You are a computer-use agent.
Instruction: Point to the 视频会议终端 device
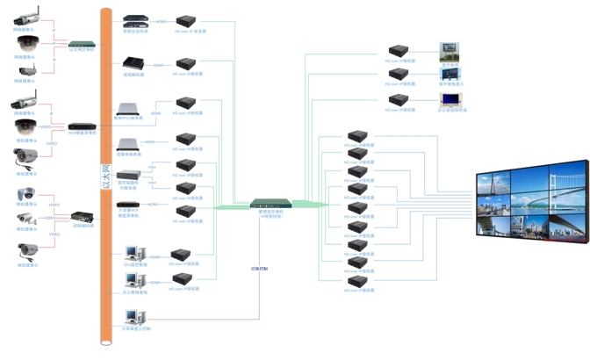pos(134,19)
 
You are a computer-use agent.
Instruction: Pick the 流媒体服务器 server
pos(129,143)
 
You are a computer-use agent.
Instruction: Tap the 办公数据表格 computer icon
pos(133,281)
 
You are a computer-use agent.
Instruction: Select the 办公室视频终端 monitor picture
pos(450,98)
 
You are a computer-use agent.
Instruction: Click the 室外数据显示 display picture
pos(450,74)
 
